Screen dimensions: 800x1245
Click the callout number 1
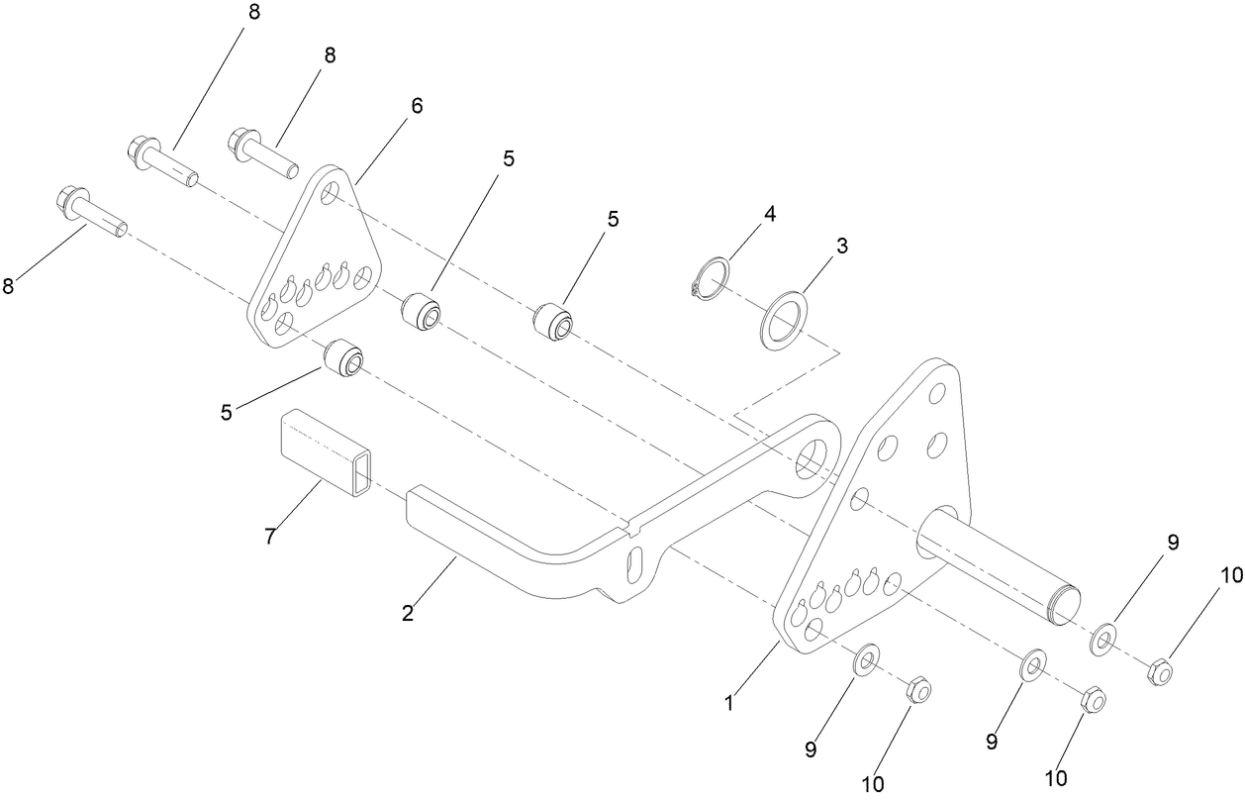729,704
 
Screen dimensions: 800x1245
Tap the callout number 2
408,613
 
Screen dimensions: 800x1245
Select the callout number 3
842,247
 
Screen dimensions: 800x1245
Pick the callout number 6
417,106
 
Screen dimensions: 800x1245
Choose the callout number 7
269,537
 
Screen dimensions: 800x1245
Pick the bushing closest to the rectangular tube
343,358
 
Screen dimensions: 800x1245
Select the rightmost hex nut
1160,673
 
